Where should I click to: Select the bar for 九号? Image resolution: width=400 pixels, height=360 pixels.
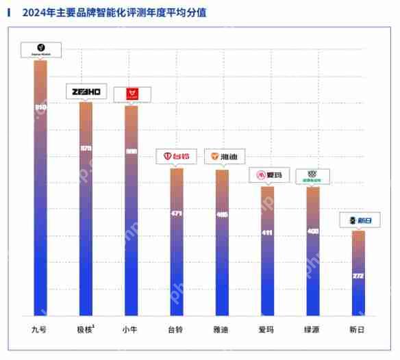(x=40, y=188)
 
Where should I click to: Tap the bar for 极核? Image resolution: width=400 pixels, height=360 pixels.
(x=86, y=209)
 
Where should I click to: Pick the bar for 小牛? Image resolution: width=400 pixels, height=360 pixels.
(x=131, y=211)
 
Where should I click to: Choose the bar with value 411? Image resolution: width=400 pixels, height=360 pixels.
(x=267, y=250)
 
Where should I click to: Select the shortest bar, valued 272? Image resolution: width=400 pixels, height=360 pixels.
(x=358, y=273)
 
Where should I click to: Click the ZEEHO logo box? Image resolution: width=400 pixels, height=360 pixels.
(x=86, y=91)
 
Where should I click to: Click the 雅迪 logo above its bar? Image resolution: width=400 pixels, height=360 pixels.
(x=222, y=157)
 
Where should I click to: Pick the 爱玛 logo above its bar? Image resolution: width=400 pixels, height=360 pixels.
(x=267, y=176)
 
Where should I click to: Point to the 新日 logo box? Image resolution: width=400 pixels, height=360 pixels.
(x=359, y=220)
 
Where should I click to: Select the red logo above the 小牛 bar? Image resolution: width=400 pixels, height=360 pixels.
(x=132, y=94)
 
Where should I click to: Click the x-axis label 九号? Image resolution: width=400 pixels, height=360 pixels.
(x=40, y=330)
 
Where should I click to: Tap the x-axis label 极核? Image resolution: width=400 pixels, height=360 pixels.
(x=86, y=330)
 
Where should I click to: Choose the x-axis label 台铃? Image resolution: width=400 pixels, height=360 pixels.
(x=176, y=330)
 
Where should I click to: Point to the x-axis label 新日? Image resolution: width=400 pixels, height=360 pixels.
(x=358, y=330)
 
